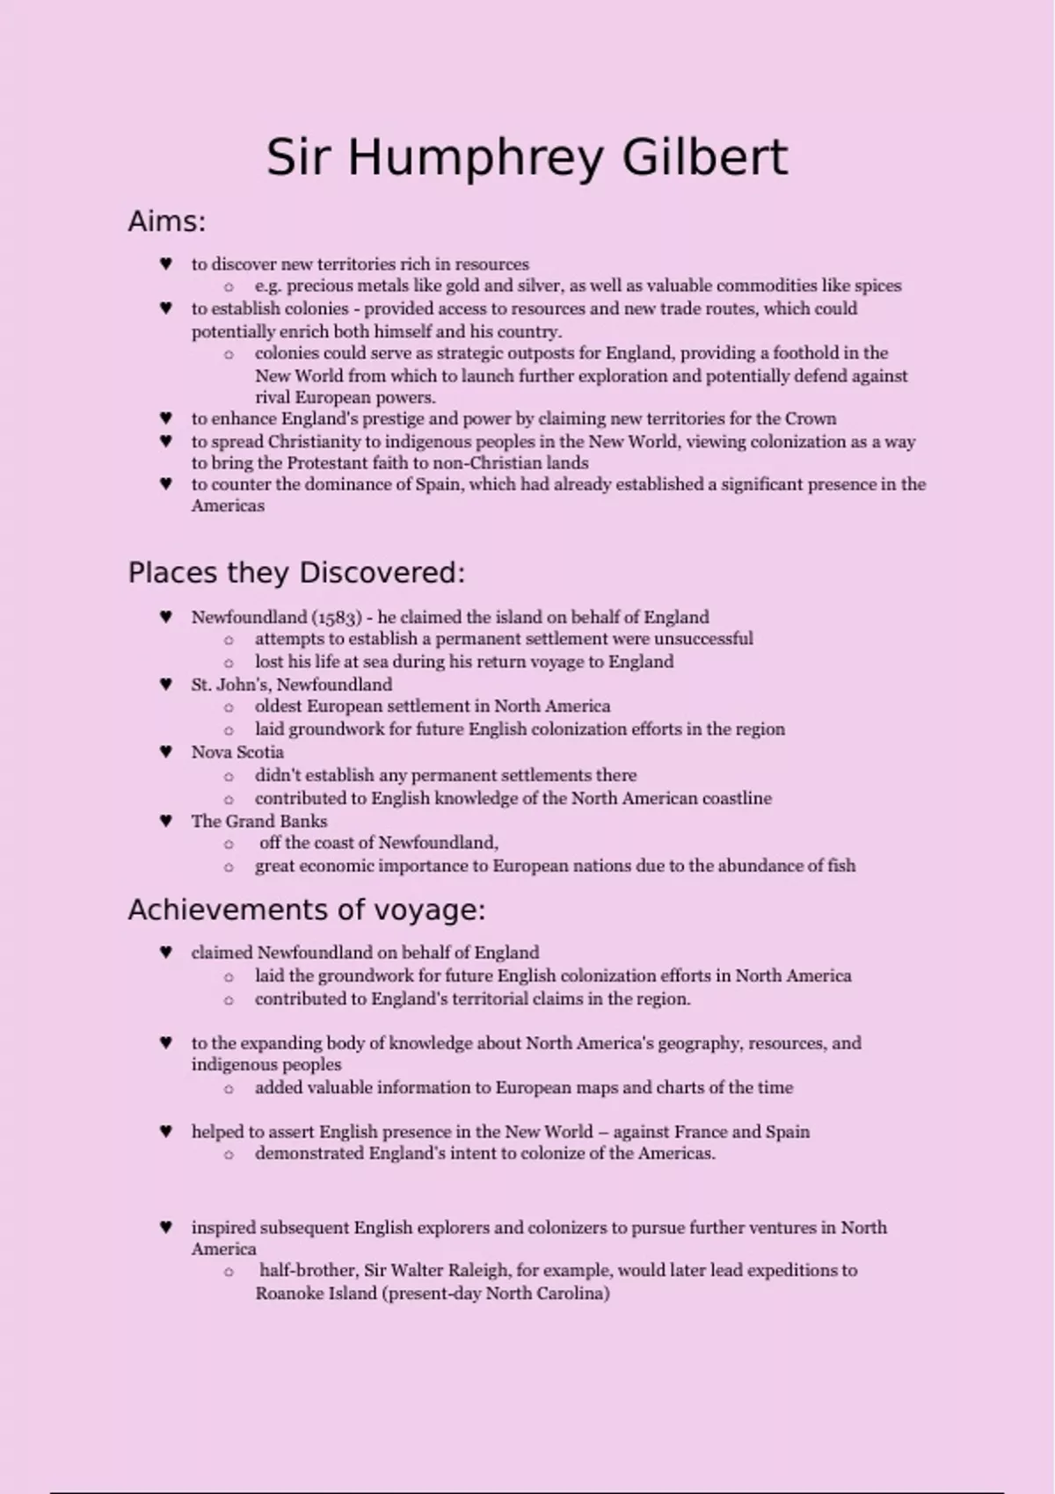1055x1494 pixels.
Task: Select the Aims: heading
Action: [166, 221]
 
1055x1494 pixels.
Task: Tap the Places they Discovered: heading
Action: [296, 573]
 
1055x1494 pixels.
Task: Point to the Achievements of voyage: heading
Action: [306, 910]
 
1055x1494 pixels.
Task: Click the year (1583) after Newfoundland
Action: [341, 617]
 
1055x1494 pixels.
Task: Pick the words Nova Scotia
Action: [237, 752]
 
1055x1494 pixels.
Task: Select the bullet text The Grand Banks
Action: [259, 822]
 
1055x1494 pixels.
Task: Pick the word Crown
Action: [810, 419]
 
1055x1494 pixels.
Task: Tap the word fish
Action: [841, 866]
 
